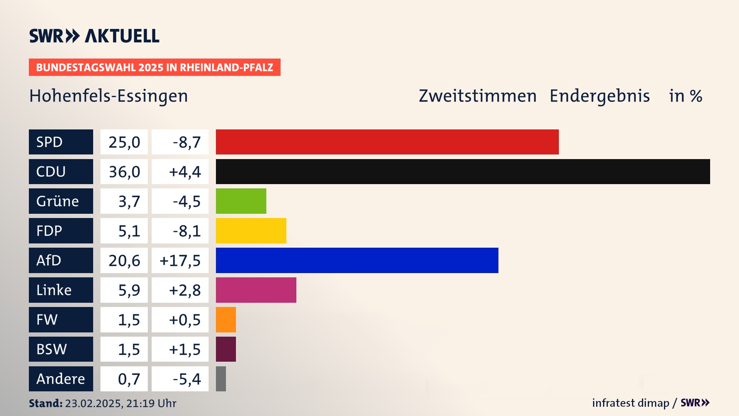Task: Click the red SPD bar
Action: pos(387,142)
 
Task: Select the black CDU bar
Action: pos(463,171)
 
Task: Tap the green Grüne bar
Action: pos(241,201)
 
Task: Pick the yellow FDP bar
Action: pos(251,231)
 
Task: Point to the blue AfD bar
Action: pos(357,260)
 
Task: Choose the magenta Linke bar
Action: pos(256,290)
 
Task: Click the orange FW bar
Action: pos(226,320)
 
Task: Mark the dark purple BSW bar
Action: pos(226,349)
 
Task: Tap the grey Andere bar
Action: pos(221,379)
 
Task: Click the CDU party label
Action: pos(61,171)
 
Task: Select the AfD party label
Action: pos(61,260)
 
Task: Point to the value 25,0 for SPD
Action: pos(124,142)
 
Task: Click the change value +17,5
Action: pos(180,261)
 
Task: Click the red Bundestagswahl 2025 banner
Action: pos(154,67)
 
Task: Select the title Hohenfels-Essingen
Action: pos(109,96)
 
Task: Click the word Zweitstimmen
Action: pos(477,96)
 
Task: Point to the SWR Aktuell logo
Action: pos(94,36)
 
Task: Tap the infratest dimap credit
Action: pos(630,403)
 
